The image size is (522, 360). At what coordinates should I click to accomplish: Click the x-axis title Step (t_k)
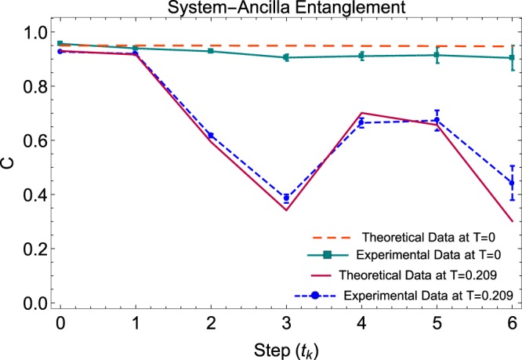pos(285,347)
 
